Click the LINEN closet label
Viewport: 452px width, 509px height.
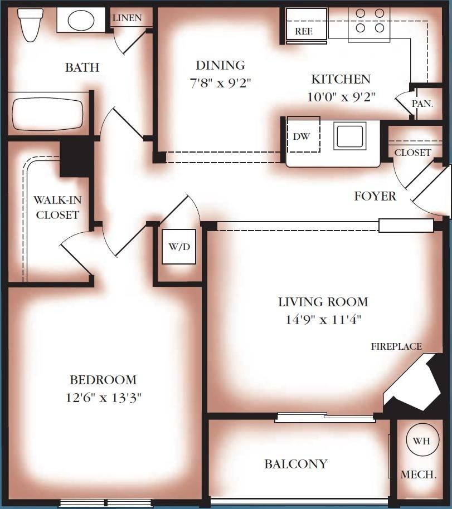tap(127, 18)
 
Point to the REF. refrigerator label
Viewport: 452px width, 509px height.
tap(304, 32)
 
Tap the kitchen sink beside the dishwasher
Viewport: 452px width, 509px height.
tap(349, 136)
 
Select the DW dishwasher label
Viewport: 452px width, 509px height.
tap(301, 136)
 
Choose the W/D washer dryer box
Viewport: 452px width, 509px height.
tap(179, 246)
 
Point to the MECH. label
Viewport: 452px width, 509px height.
tap(418, 474)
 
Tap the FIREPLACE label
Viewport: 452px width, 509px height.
tap(397, 346)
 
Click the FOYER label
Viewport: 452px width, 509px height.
tap(375, 196)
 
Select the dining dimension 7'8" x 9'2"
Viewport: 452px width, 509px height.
tap(220, 84)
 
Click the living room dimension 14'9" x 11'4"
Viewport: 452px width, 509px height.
tap(323, 320)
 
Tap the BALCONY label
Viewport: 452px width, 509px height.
tap(295, 464)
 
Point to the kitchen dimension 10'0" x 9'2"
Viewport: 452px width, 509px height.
tap(341, 96)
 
